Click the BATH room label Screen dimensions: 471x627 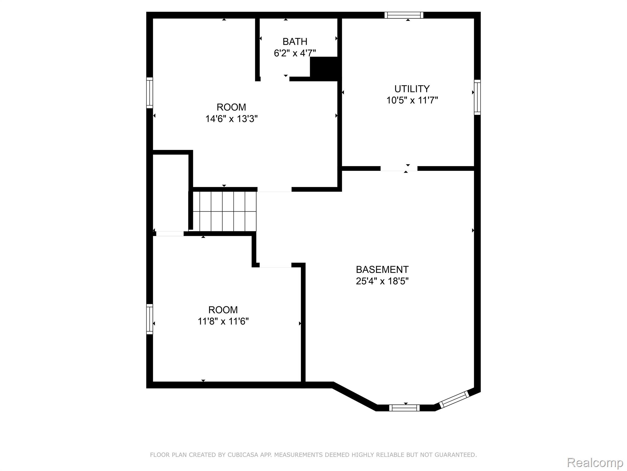295,41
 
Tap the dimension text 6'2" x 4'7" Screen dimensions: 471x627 295,53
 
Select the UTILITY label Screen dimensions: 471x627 412,89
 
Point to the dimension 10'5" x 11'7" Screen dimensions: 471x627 412,100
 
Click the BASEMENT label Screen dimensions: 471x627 382,270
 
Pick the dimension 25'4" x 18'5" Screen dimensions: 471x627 382,281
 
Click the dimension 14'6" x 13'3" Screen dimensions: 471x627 231,119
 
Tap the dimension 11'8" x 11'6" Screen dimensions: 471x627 223,321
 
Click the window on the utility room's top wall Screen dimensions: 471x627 404,15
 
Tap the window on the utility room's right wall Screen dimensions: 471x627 477,97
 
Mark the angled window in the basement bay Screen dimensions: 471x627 454,399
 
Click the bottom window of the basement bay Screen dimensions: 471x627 404,408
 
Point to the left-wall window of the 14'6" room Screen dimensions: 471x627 149,93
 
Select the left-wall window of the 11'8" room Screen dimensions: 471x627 149,319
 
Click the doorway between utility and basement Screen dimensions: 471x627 399,168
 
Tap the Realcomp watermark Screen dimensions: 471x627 595,462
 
